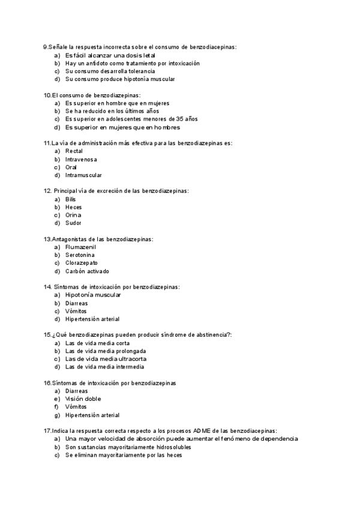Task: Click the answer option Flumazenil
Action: coord(80,247)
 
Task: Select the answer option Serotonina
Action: coord(80,255)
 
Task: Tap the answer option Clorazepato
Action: coord(82,263)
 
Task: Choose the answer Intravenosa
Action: coord(81,159)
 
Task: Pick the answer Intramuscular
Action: coord(83,175)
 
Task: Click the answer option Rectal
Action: coord(74,151)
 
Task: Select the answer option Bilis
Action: coord(71,199)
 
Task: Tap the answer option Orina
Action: coord(73,215)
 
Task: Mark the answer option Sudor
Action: coord(73,223)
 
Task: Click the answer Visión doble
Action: coord(83,399)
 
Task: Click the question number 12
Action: coord(47,191)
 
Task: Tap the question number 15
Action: coord(47,334)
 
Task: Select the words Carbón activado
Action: coord(87,271)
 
